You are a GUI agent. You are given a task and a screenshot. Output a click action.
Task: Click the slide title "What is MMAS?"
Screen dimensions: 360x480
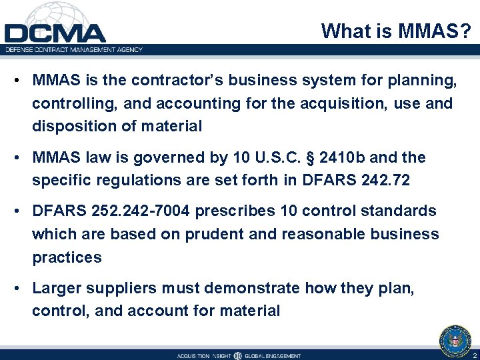(x=397, y=31)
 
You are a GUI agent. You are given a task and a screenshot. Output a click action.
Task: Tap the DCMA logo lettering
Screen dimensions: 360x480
(x=55, y=33)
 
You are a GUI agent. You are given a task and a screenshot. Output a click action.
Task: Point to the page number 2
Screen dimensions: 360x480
(x=473, y=355)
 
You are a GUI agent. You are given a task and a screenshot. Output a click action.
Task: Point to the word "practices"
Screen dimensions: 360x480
(x=67, y=257)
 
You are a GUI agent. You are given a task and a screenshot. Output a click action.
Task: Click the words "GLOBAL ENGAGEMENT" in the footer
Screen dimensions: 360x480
(x=273, y=355)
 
